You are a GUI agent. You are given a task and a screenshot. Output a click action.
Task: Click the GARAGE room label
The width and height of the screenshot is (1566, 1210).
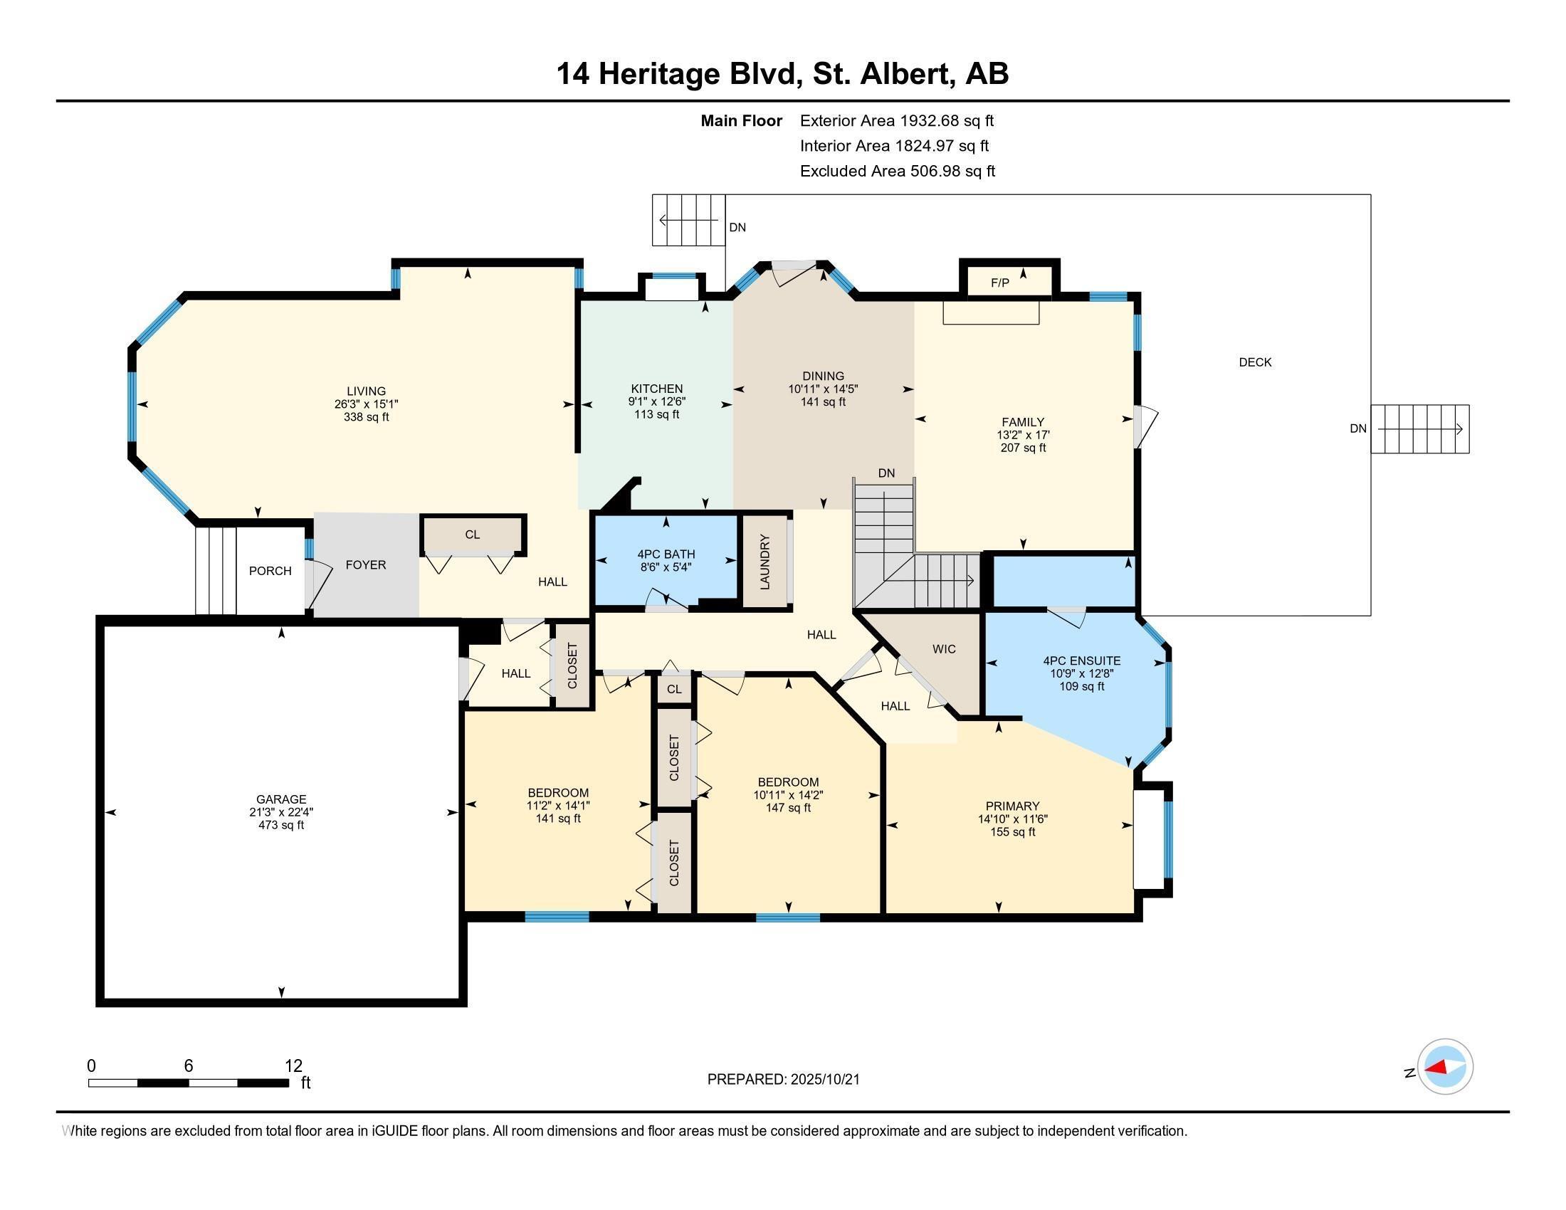[281, 799]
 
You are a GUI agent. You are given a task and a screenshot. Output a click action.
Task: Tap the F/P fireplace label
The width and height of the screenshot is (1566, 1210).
[999, 283]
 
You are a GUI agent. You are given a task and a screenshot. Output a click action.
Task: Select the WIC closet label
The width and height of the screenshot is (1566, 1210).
[944, 648]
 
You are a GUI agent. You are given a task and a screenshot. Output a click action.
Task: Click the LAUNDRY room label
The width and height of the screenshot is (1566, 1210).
[764, 562]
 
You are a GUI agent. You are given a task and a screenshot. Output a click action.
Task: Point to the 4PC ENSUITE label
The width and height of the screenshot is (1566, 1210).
[1081, 661]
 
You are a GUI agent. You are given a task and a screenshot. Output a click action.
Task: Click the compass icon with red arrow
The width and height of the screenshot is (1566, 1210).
[1445, 1067]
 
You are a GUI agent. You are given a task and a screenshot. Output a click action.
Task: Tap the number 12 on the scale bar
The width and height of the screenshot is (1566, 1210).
[293, 1066]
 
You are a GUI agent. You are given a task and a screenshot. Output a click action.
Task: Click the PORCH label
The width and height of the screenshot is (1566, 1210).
[270, 571]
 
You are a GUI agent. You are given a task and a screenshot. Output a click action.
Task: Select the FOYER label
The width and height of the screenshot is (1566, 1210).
[366, 565]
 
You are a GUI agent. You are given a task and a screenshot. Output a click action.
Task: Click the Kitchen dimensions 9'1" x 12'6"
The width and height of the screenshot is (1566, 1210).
[657, 401]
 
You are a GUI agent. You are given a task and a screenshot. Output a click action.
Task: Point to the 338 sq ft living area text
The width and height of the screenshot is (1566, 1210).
[366, 416]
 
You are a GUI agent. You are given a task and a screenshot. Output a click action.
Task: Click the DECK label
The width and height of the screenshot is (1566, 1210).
[1255, 363]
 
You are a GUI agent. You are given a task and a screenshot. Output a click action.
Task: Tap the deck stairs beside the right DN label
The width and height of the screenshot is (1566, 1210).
[1420, 429]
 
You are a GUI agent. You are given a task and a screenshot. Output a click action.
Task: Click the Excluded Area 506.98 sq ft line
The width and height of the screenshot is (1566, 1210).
[897, 172]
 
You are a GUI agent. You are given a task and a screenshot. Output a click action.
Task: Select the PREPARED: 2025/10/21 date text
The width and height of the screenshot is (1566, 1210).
[783, 1080]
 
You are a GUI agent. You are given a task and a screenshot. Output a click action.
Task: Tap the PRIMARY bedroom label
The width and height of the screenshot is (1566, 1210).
[1011, 806]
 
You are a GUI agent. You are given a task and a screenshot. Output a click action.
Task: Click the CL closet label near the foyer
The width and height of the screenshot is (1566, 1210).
[472, 535]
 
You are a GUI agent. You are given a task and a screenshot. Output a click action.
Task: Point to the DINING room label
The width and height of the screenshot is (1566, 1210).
[822, 376]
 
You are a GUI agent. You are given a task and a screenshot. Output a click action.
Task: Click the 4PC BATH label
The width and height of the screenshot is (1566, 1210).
[666, 554]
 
